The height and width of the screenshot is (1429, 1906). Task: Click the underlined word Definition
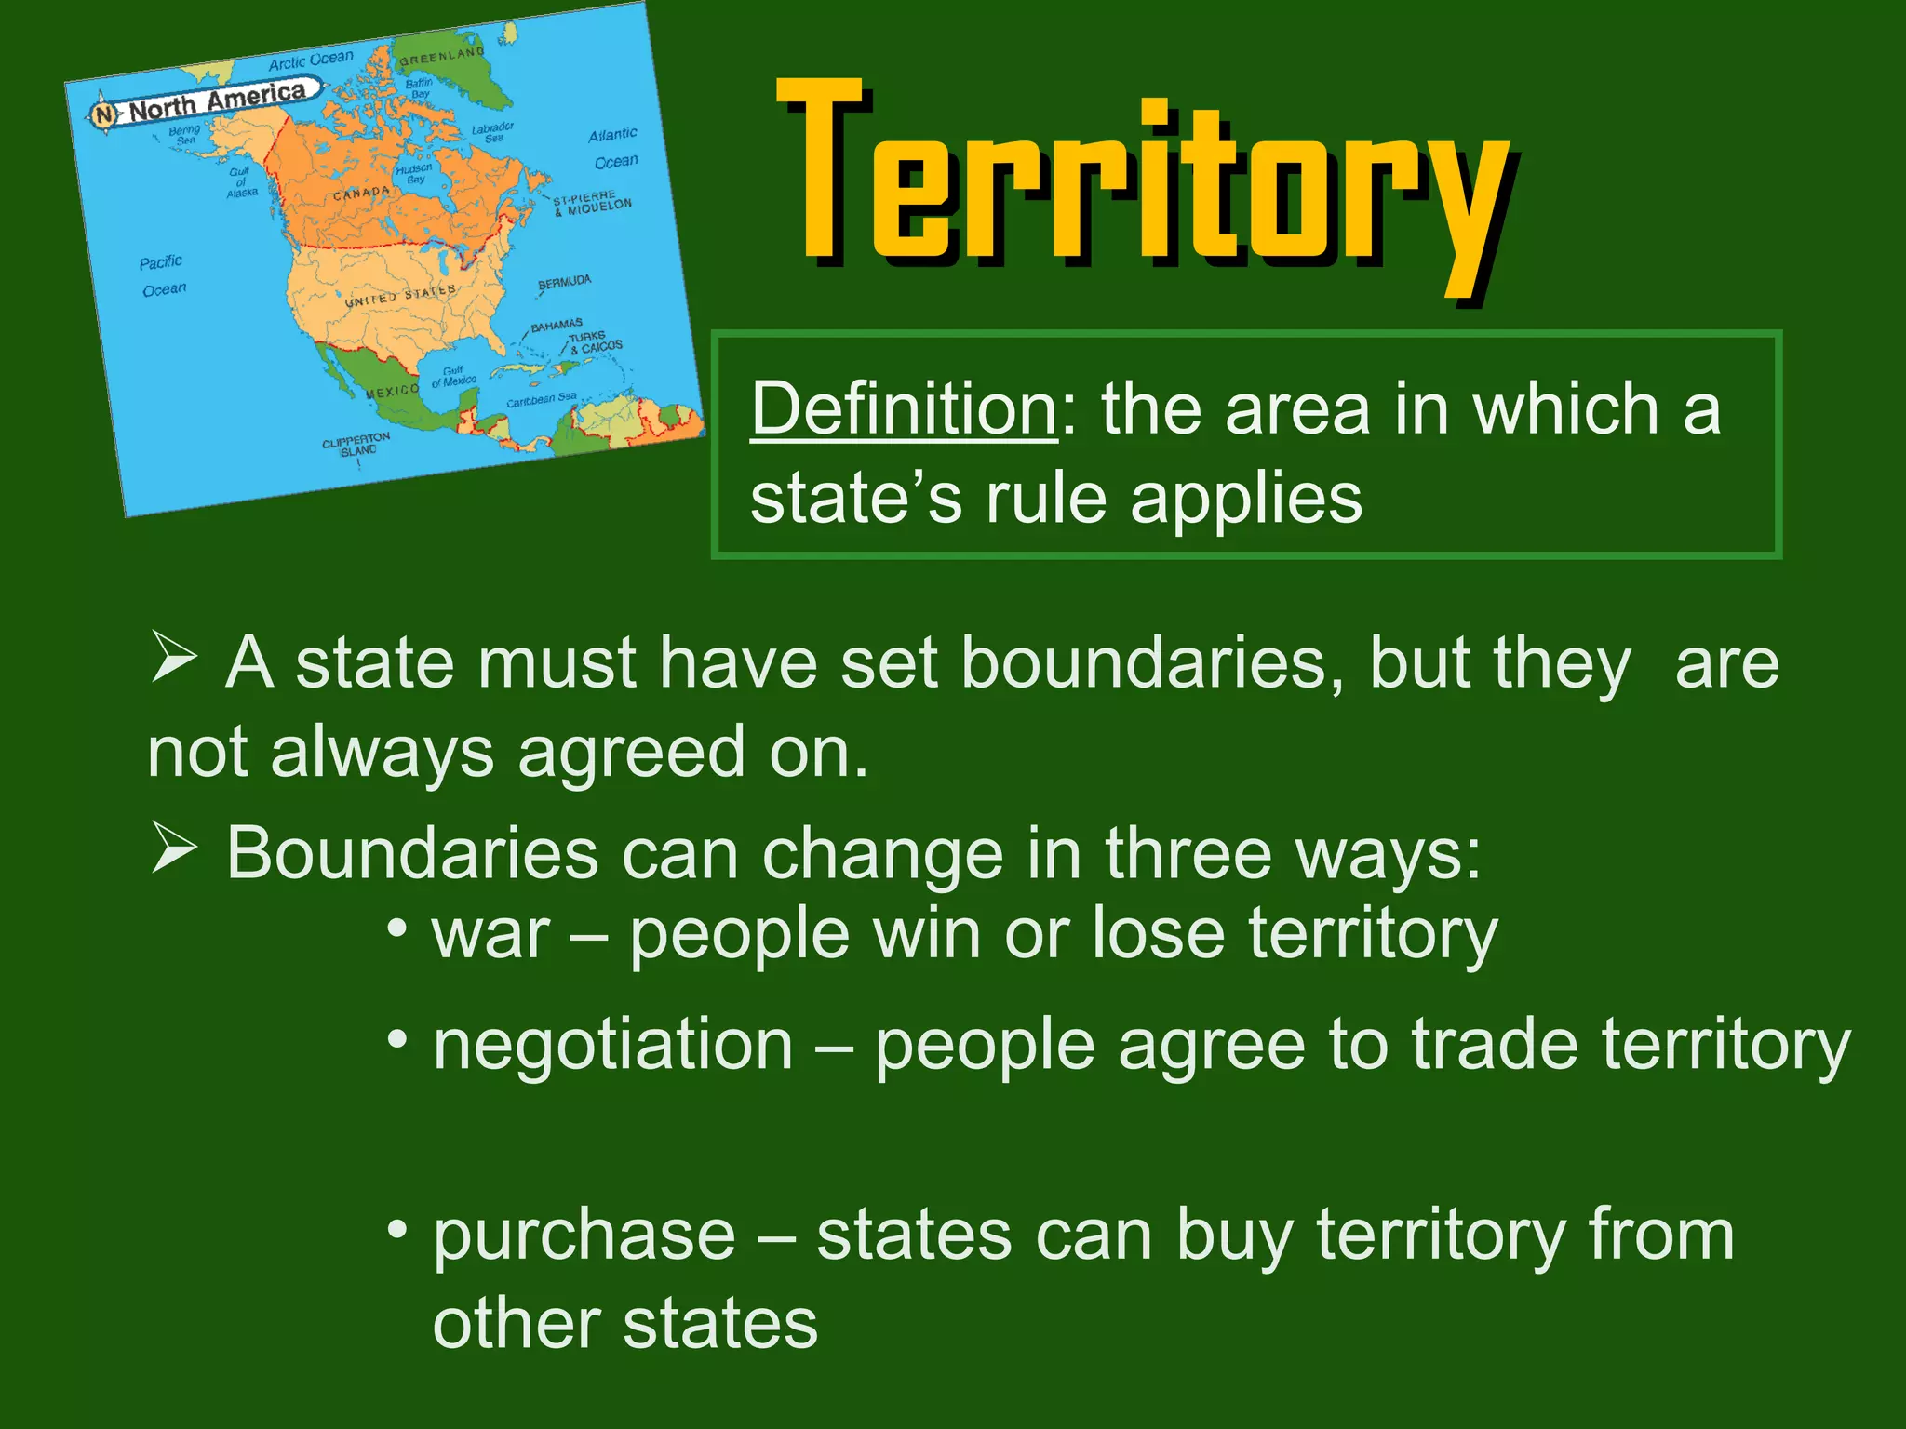(x=904, y=408)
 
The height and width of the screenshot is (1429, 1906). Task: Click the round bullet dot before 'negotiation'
(x=397, y=1038)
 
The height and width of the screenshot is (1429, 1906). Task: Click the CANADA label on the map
(x=361, y=194)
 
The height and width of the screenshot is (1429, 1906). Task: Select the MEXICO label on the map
(x=392, y=392)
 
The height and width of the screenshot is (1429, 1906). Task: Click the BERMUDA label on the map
(x=564, y=282)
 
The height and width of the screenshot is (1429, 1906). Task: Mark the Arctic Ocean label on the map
(x=311, y=60)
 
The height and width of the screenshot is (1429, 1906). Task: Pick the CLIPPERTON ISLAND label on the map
(x=356, y=444)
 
